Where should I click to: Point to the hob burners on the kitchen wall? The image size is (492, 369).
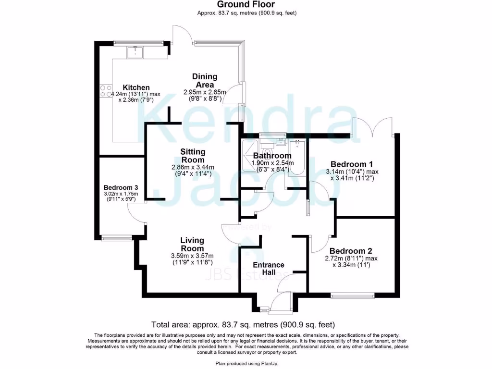106,91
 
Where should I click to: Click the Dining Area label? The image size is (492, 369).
205,81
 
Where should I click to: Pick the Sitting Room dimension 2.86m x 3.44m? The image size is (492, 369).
193,167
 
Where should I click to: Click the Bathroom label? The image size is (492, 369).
272,156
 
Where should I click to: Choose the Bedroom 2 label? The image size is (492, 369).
351,251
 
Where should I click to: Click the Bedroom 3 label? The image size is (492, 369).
121,187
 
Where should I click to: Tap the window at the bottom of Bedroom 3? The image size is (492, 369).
117,237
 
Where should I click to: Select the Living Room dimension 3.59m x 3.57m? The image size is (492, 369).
192,256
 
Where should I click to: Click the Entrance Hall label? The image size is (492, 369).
269,269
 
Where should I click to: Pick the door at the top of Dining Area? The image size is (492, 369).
184,34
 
